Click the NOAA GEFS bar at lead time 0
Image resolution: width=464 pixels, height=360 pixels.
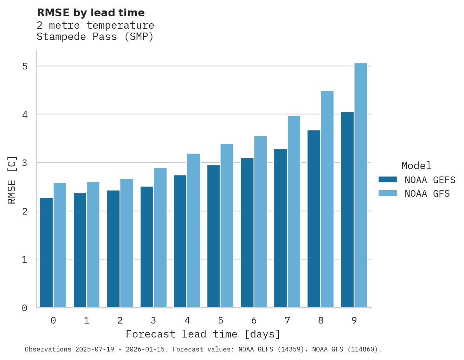pos(47,253)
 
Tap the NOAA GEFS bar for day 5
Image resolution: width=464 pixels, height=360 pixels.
pos(214,236)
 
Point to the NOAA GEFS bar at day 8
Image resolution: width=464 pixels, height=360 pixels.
pos(314,219)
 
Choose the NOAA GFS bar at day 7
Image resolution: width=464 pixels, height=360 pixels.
pos(294,212)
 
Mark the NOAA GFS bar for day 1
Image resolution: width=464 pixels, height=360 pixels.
pos(93,245)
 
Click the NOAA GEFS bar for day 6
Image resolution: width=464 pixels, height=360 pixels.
pos(247,233)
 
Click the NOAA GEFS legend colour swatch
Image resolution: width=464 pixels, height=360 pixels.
pos(388,180)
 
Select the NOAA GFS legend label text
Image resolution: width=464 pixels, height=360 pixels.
pos(427,194)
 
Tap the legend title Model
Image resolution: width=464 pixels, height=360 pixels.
pos(417,166)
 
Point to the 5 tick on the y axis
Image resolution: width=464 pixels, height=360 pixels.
pos(25,66)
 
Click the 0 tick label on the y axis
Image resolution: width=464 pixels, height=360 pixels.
pos(25,308)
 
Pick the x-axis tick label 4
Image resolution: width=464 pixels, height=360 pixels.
pos(187,321)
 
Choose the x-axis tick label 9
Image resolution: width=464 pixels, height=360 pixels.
pos(354,321)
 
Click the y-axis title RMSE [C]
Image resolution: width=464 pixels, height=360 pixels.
pos(12,179)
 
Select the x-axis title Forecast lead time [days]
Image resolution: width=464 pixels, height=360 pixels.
pos(203,334)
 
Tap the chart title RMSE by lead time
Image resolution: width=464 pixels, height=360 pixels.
pos(91,13)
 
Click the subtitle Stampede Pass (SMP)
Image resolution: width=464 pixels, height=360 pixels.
pos(95,37)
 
